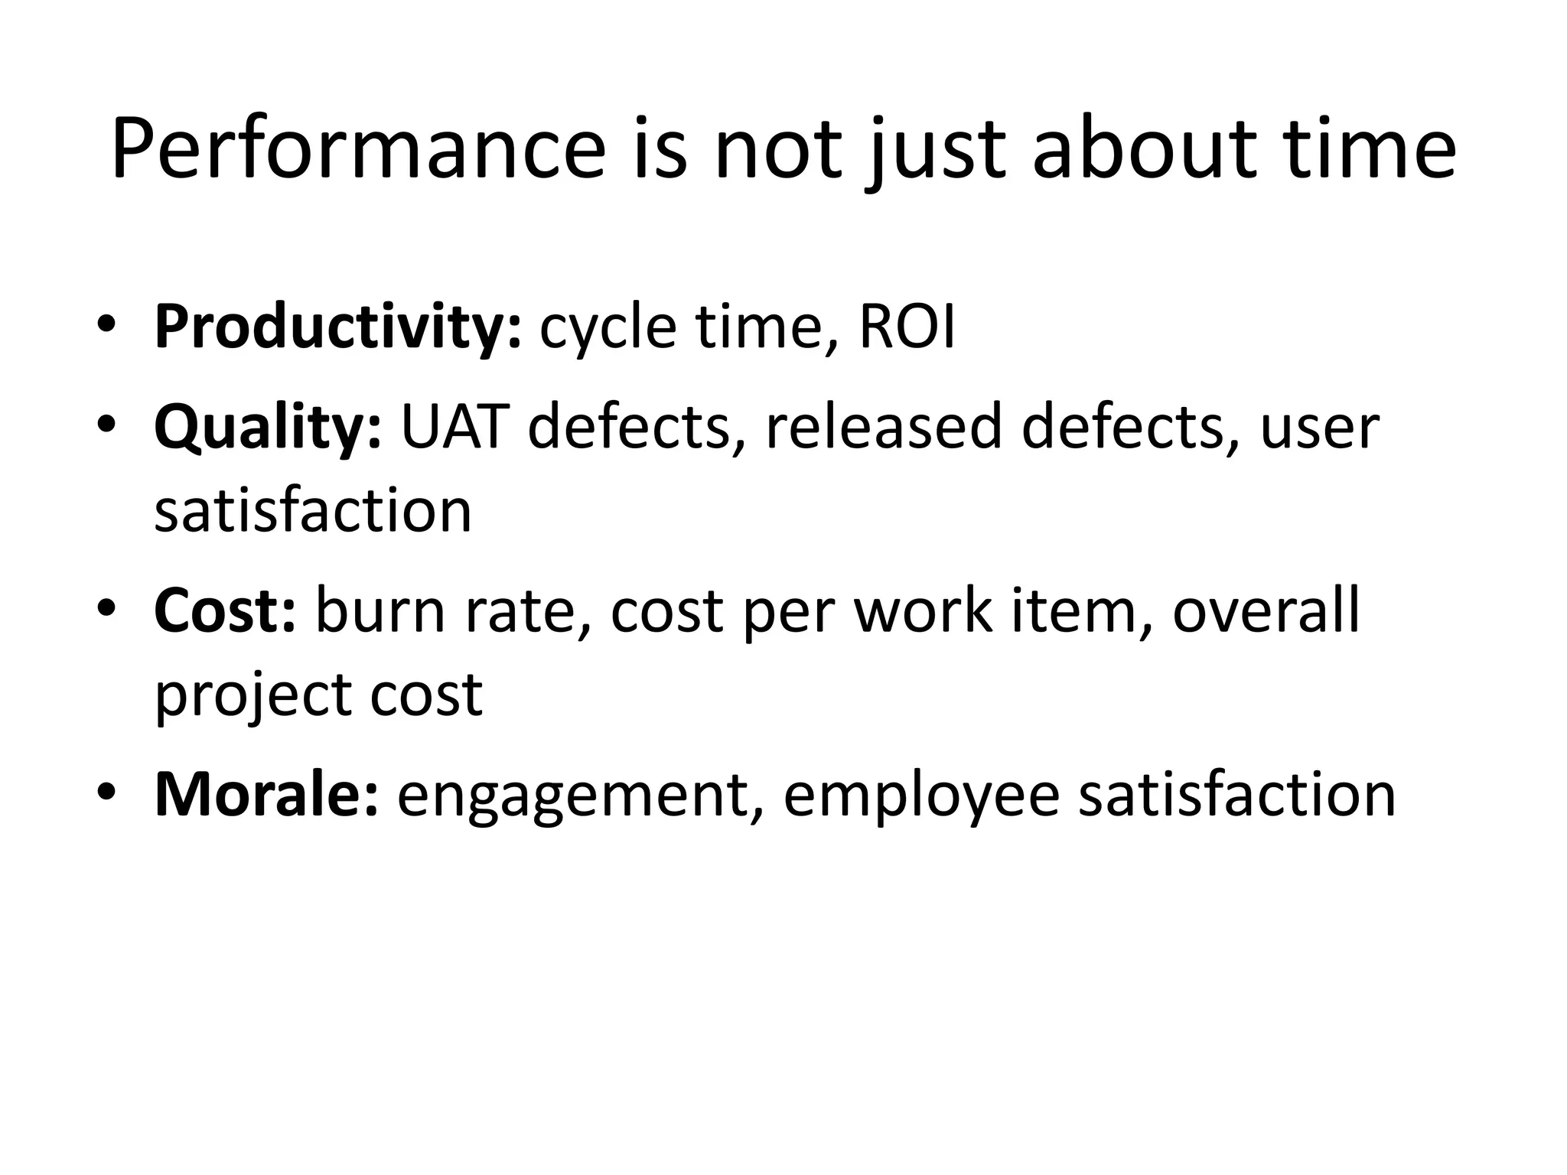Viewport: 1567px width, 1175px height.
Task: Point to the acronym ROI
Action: (907, 327)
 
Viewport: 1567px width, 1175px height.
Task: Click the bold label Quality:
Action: (267, 428)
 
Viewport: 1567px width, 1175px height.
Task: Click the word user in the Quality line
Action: (1319, 428)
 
